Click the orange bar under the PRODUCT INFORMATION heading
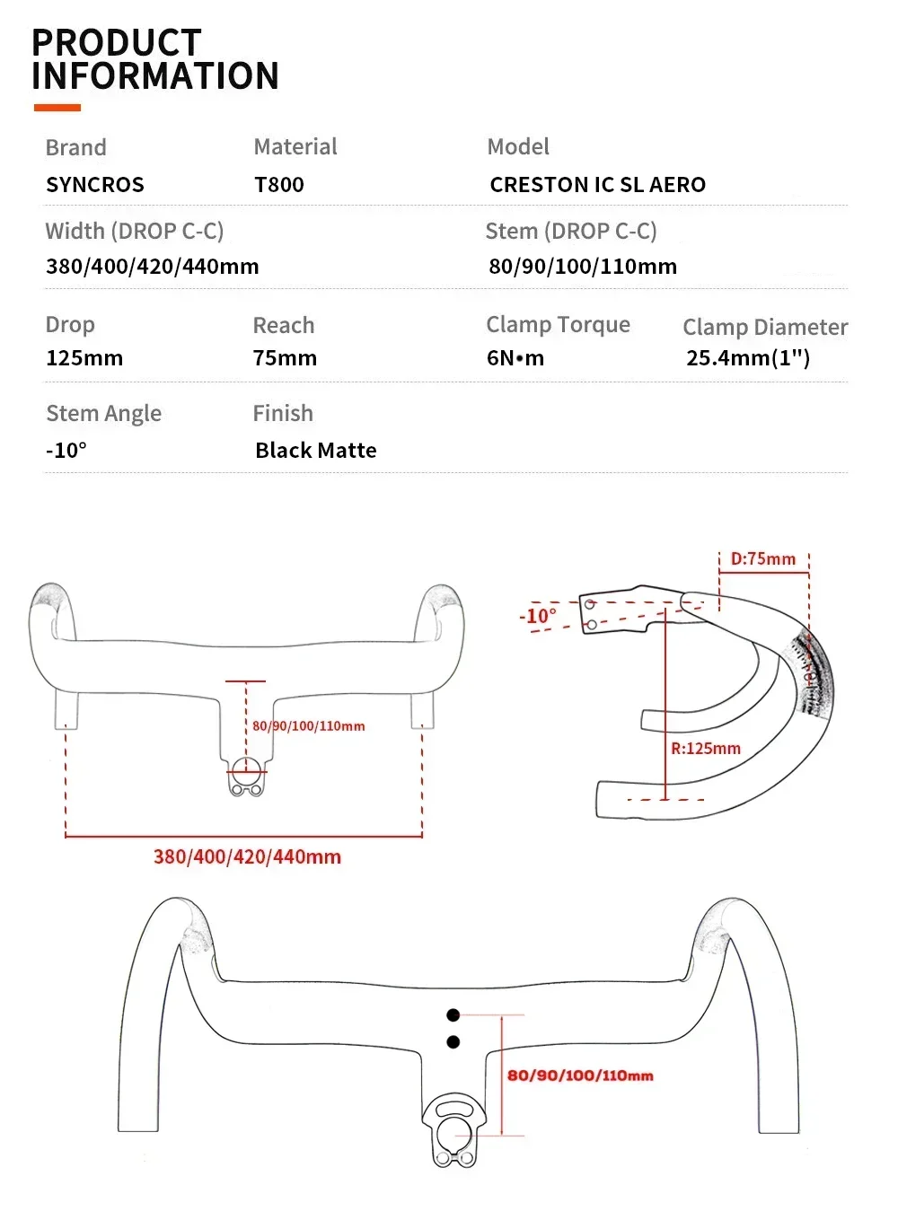[x=57, y=108]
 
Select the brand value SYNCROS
[x=95, y=185]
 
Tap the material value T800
[x=279, y=185]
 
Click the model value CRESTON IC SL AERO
[x=598, y=185]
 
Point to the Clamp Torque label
[x=558, y=325]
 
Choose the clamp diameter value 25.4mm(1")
[x=748, y=358]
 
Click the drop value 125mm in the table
[x=84, y=358]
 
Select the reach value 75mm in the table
[x=285, y=358]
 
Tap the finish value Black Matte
[x=316, y=451]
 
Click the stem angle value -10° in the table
[x=66, y=451]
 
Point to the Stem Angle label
[x=103, y=414]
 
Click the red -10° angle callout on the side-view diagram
[x=538, y=617]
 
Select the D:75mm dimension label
[x=763, y=559]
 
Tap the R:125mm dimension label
[x=706, y=749]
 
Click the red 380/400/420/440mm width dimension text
[x=247, y=857]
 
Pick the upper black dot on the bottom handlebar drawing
[x=453, y=1015]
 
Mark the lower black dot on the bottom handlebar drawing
[x=453, y=1042]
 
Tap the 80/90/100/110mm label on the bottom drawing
[x=580, y=1075]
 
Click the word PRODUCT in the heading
[x=117, y=43]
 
